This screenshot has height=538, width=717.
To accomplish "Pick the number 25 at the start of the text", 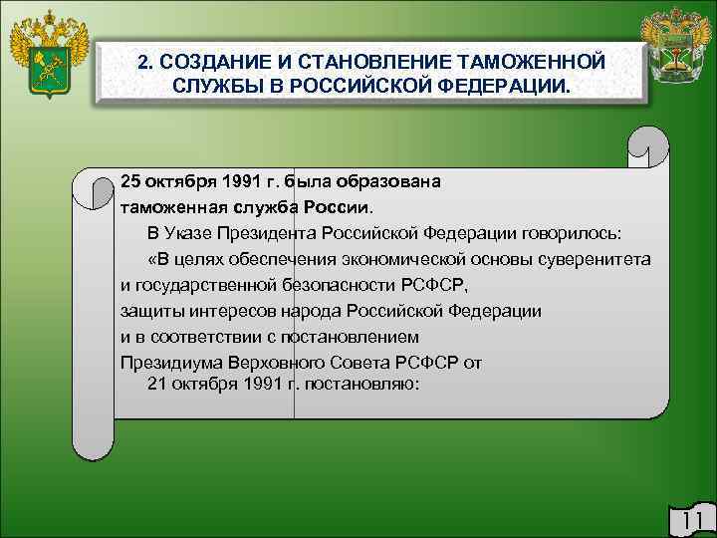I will [130, 182].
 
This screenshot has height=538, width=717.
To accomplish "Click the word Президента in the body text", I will [278, 234].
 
